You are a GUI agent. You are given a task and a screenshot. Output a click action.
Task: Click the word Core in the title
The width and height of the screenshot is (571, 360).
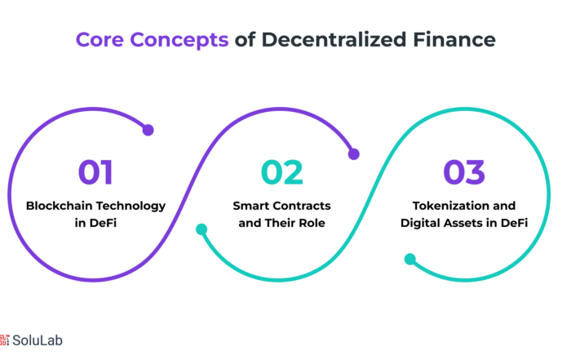(100, 39)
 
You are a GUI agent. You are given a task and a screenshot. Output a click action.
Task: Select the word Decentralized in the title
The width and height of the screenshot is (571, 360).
(334, 39)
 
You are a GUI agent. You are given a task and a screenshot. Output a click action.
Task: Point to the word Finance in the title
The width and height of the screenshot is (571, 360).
(454, 39)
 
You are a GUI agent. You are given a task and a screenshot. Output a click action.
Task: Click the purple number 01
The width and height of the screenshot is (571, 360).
(95, 172)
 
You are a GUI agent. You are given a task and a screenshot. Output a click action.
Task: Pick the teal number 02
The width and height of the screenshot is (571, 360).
(282, 172)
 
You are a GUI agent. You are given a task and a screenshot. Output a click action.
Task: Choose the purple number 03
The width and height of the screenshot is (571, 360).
(464, 172)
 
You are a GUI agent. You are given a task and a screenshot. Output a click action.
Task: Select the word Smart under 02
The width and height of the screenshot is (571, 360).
(248, 206)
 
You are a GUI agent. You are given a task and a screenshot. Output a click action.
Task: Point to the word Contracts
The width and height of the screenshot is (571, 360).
(299, 206)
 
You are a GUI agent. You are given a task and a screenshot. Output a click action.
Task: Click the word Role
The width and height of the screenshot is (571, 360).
(312, 223)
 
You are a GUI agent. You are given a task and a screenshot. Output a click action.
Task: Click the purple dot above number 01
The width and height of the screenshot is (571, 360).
(148, 130)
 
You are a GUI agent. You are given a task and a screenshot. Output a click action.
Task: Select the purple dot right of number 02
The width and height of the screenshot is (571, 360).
(353, 154)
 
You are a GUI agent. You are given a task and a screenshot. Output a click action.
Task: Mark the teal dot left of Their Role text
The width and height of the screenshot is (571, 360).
(201, 229)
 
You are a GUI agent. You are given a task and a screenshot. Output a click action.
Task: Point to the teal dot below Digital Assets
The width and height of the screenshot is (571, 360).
(410, 259)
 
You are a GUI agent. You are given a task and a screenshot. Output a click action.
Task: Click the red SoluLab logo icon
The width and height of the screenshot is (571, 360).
(4, 340)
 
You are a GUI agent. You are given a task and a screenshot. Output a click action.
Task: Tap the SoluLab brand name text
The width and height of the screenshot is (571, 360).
(38, 340)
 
